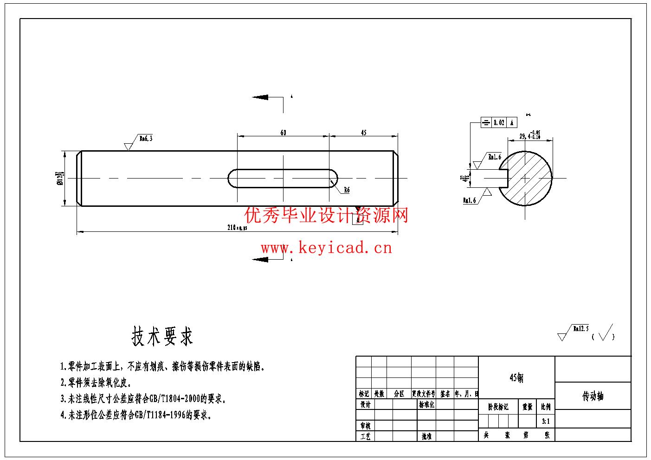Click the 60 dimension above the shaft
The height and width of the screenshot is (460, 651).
pos(283,133)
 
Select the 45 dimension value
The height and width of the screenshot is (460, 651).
pos(363,133)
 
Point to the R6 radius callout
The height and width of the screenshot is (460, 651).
pos(347,190)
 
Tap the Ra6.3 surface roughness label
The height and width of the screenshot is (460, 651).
pos(146,138)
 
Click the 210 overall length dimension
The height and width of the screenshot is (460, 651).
pos(237,228)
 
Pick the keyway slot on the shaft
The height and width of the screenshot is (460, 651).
pos(283,178)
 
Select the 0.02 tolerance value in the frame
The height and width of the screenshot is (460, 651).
pos(499,123)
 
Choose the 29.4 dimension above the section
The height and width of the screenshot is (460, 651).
pos(529,136)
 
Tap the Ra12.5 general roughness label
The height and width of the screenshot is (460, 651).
pos(580,328)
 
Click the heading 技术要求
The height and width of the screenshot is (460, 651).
pos(162,336)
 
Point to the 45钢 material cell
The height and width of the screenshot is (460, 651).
pos(516,378)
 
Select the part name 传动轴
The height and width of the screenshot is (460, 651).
pos(593,396)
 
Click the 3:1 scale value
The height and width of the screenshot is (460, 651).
pos(545,422)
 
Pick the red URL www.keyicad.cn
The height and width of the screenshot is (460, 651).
pos(326,248)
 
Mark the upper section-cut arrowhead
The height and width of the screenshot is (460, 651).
pos(260,97)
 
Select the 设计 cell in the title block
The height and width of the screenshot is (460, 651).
pos(365,404)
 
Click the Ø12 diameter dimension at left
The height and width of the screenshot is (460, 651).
pos(60,178)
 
